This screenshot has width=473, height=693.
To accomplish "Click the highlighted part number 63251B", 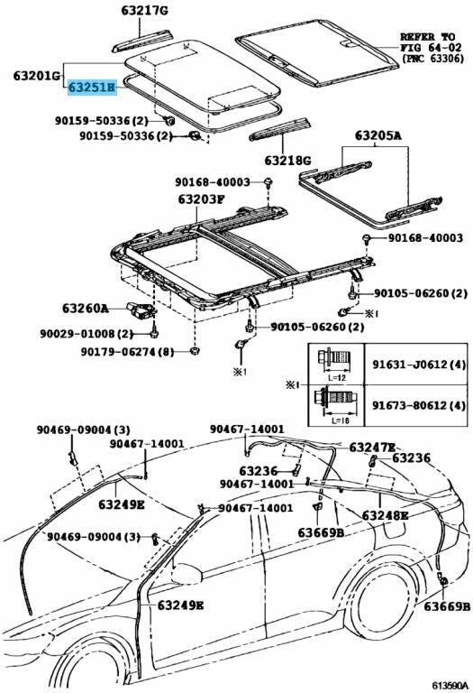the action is (91, 88).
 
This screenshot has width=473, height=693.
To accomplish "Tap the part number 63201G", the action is (36, 76).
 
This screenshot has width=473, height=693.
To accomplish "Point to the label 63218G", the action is (287, 160).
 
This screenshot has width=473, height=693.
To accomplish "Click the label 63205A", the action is (378, 136).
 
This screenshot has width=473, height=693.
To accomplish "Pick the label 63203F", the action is (202, 199).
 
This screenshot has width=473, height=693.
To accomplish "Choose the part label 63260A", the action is (86, 308).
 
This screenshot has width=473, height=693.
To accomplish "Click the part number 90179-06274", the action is (116, 352).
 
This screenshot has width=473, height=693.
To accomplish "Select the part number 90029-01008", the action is (76, 334).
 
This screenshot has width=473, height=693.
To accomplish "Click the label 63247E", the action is (372, 448).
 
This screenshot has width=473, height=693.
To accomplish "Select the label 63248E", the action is (386, 515).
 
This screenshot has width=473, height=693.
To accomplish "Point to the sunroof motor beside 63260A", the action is (140, 310).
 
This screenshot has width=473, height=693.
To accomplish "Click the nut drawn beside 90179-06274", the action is (194, 351).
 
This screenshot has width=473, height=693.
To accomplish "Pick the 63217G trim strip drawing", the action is (141, 41).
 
